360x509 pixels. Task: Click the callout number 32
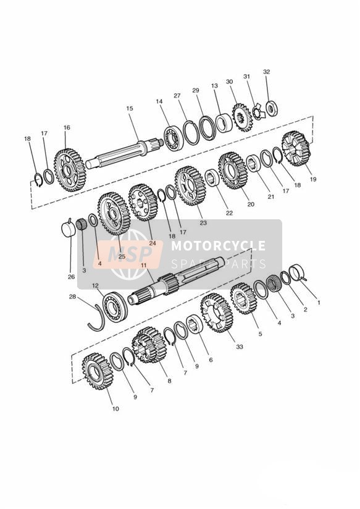[267, 72]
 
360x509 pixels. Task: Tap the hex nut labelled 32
[272, 109]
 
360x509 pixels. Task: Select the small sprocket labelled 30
[242, 117]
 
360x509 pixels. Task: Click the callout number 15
[130, 109]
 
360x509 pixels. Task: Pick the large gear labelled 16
[69, 170]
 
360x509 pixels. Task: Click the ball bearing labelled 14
[174, 138]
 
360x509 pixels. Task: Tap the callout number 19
[313, 179]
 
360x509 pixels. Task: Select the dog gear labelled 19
[295, 148]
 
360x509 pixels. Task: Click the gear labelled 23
[190, 186]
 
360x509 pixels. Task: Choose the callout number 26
[71, 277]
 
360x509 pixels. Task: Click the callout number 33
[239, 347]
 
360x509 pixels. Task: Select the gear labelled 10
[98, 371]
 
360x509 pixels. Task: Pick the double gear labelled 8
[149, 345]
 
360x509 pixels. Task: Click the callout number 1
[319, 303]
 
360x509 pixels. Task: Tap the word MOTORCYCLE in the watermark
[218, 246]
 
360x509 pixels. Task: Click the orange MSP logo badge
[128, 254]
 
